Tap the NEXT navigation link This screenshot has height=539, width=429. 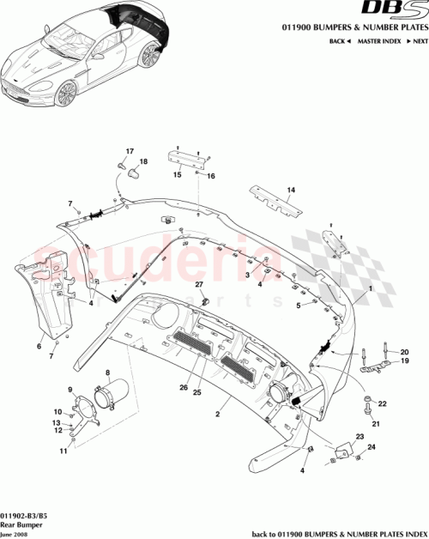416,40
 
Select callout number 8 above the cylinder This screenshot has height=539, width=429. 108,372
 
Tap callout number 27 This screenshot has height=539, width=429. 197,284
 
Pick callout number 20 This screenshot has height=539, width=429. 405,351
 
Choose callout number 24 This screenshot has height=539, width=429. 371,447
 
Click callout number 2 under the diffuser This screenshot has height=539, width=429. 219,414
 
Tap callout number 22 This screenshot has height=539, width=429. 383,403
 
